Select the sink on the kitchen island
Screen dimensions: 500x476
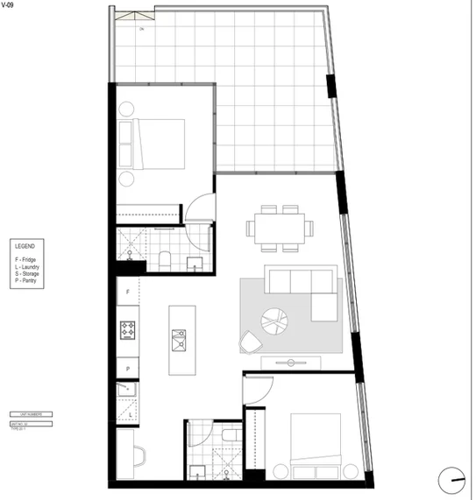click(180, 339)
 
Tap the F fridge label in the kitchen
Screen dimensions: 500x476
click(128, 291)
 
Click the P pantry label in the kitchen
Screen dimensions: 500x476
click(128, 370)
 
